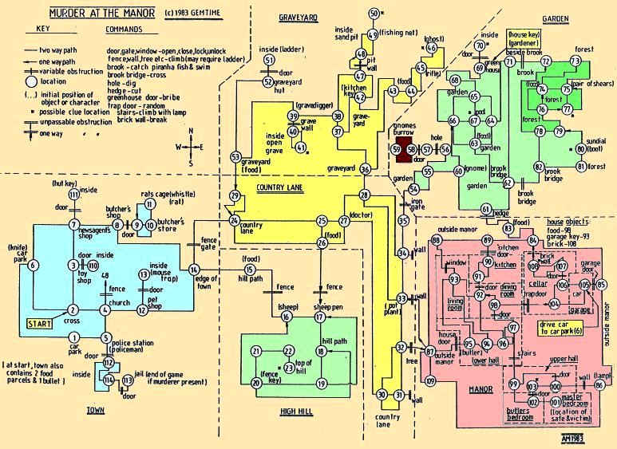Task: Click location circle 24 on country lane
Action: (234, 221)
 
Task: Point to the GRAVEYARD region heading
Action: (299, 18)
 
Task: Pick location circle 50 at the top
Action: (374, 14)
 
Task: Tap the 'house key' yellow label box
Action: (524, 40)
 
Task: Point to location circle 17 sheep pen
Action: (319, 317)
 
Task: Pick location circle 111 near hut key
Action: (73, 195)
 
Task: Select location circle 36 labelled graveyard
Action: (365, 169)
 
